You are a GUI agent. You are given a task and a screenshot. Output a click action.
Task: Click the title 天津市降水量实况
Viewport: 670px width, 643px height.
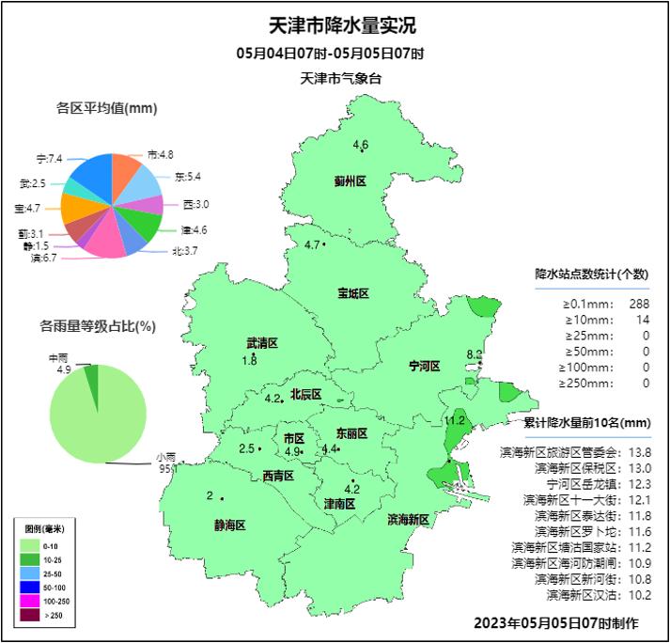coord(335,24)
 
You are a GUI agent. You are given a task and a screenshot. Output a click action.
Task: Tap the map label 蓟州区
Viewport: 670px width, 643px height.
coord(349,181)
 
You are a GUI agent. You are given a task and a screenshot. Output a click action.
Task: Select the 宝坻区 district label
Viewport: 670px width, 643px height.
coord(353,293)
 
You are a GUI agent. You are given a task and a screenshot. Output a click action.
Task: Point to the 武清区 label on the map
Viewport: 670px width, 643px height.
coord(262,343)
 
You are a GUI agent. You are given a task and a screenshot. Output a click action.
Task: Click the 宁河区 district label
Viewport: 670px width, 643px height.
coord(425,365)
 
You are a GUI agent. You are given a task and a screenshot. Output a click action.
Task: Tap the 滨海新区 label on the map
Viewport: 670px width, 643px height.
coord(408,519)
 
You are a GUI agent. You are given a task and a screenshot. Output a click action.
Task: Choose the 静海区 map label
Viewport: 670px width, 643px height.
coord(229,525)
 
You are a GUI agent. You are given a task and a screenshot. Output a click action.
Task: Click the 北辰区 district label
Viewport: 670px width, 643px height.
coord(305,394)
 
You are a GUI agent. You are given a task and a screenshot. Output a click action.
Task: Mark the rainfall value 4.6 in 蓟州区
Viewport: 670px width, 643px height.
coord(361,144)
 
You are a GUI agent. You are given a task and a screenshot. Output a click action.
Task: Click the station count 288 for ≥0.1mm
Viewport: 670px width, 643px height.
coord(639,304)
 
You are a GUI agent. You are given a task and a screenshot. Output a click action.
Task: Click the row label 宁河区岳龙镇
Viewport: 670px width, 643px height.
coord(572,484)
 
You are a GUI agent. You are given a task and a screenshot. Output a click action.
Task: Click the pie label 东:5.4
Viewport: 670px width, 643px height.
coord(187,177)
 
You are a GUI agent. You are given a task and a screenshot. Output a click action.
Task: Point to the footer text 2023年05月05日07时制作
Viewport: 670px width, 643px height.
coord(555,622)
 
